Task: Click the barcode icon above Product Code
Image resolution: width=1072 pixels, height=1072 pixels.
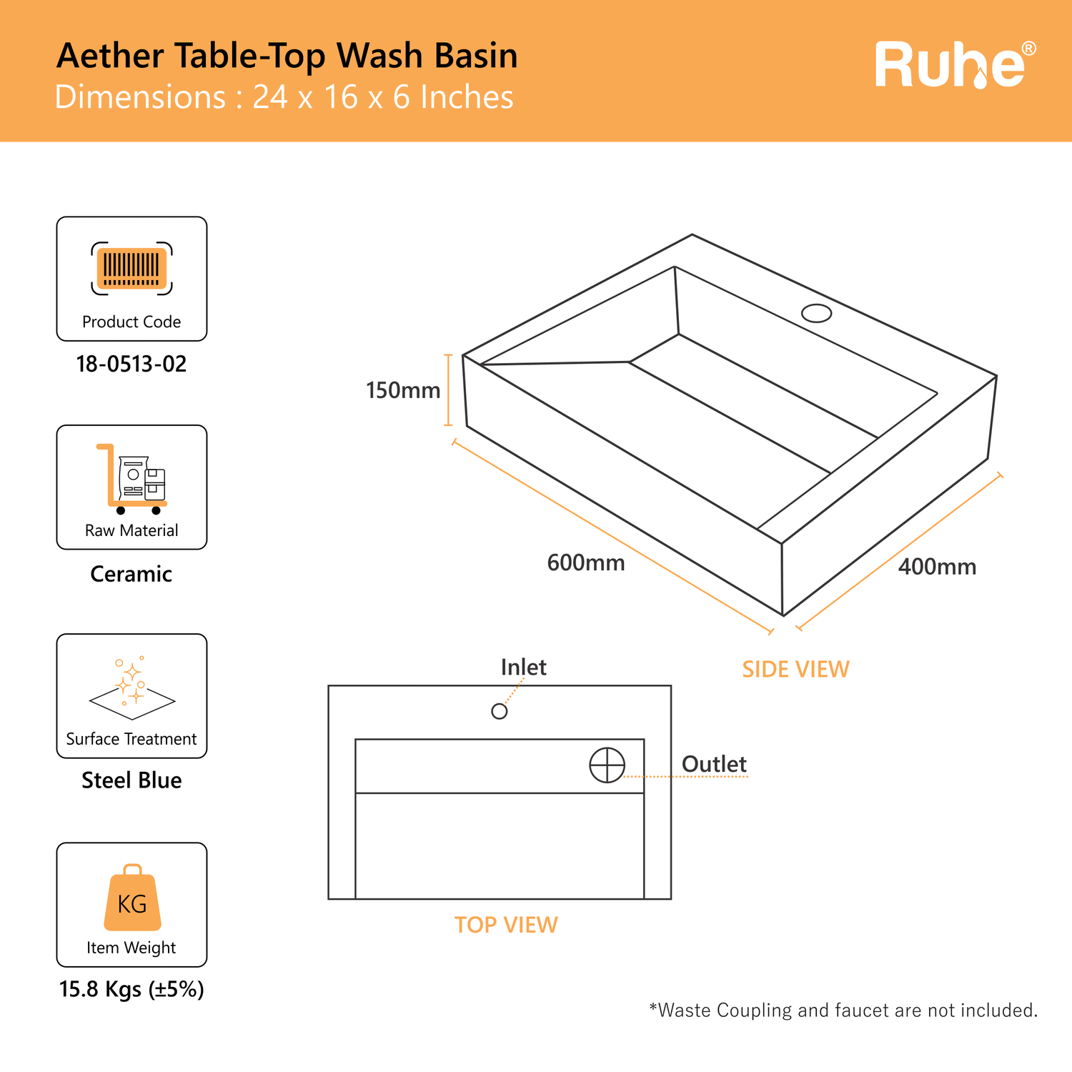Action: (x=131, y=268)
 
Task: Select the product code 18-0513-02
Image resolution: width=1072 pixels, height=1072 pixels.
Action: (x=131, y=364)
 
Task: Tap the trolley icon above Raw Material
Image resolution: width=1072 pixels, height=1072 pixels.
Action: (x=131, y=479)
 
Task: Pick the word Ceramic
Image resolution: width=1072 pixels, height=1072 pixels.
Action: (x=131, y=574)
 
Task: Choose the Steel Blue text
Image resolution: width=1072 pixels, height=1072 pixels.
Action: (x=131, y=780)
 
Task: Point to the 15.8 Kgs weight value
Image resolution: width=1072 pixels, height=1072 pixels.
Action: (x=131, y=990)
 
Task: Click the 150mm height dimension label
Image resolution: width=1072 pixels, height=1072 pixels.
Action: (x=403, y=390)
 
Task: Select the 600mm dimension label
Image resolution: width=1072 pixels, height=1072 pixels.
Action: (x=586, y=563)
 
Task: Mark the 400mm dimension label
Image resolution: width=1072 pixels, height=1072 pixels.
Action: (x=937, y=567)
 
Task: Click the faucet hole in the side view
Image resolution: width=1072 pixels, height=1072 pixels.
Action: (x=816, y=313)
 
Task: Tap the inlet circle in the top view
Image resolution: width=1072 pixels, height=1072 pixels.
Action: (x=500, y=711)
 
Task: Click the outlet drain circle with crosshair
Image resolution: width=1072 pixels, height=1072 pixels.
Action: (x=607, y=765)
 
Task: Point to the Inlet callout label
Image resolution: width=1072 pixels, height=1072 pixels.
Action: (x=524, y=667)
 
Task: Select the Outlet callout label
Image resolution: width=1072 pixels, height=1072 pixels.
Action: (x=714, y=764)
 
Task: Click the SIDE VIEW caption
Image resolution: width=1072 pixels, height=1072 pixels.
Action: (x=795, y=669)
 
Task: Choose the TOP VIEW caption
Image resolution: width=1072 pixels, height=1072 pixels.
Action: (x=506, y=925)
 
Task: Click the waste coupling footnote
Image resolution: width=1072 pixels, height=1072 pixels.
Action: (x=843, y=1011)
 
